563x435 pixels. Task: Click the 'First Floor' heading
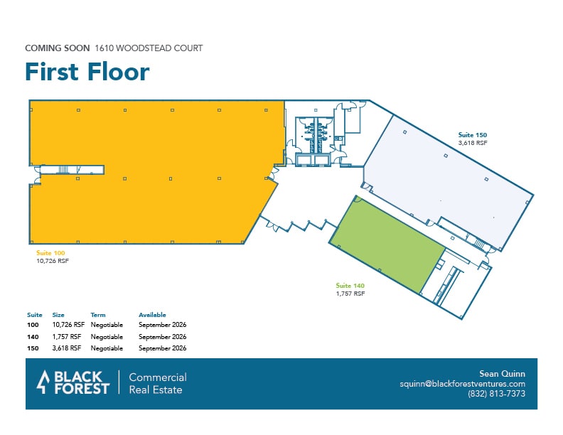click(87, 72)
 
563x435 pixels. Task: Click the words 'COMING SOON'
click(57, 48)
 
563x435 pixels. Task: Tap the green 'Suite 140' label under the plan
click(350, 285)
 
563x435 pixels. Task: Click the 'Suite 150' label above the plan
click(473, 134)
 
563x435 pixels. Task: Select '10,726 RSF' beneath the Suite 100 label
click(52, 261)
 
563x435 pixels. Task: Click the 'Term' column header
click(98, 314)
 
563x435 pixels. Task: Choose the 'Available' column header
click(152, 314)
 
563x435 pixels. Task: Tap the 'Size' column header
click(58, 314)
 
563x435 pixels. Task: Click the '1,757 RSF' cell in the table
click(67, 337)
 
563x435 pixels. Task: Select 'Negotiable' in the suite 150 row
click(107, 348)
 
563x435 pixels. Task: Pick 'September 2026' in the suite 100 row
click(162, 326)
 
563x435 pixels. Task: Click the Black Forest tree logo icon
click(43, 382)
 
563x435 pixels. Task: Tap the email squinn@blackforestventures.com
click(462, 384)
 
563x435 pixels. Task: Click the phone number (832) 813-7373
click(497, 394)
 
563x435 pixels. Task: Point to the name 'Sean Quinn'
click(503, 373)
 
